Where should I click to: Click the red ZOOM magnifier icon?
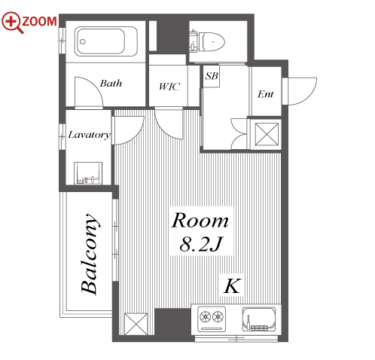(12, 22)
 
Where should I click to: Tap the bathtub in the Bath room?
(105, 41)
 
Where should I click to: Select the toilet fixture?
(207, 41)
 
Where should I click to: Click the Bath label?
(111, 83)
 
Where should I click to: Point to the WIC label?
(169, 87)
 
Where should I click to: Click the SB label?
(212, 76)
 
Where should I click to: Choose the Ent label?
(265, 94)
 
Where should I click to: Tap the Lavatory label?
(89, 135)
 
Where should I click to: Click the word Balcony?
(90, 254)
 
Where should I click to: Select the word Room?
(200, 220)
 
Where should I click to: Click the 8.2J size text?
(201, 244)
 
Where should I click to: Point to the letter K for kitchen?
(232, 285)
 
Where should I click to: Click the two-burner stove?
(212, 319)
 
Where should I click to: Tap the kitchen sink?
(259, 319)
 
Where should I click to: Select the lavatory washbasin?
(88, 173)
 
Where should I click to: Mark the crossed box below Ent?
(267, 134)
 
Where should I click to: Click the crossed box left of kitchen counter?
(136, 324)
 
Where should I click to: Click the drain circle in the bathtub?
(83, 41)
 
